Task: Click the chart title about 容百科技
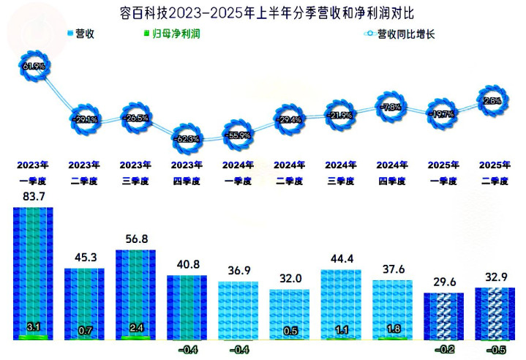[263, 12]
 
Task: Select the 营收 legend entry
[80, 34]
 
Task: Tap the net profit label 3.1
[33, 327]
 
